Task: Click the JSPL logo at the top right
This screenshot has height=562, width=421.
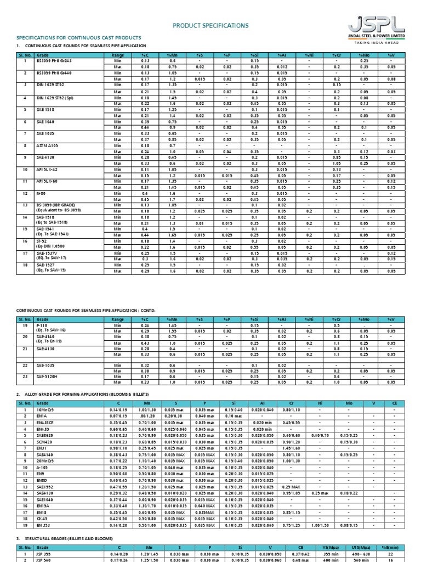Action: coord(376,26)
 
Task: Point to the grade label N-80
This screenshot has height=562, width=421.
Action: coord(41,193)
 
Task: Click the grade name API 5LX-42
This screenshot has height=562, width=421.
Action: coord(48,170)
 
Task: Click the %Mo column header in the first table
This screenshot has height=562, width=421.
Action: coord(362,55)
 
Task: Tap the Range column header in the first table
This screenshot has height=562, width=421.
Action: coord(117,55)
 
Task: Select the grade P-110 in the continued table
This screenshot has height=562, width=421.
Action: coord(42,325)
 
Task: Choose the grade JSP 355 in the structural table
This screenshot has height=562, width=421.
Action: coord(43,554)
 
